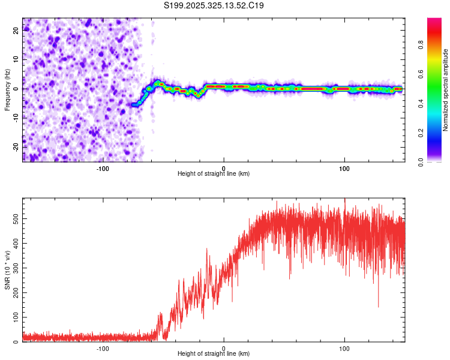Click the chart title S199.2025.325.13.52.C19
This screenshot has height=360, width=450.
[214, 6]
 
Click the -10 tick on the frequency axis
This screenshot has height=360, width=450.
[16, 118]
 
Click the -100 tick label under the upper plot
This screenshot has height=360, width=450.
[103, 168]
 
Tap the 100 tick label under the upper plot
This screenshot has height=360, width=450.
[344, 168]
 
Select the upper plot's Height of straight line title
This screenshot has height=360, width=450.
[214, 174]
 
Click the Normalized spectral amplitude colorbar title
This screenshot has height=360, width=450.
[445, 90]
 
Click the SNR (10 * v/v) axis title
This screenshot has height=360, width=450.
[7, 270]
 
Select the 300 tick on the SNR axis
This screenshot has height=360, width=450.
[14, 268]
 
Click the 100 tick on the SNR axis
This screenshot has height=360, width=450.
[14, 317]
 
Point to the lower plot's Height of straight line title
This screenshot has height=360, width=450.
[214, 354]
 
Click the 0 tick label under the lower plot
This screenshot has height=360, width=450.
[224, 348]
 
